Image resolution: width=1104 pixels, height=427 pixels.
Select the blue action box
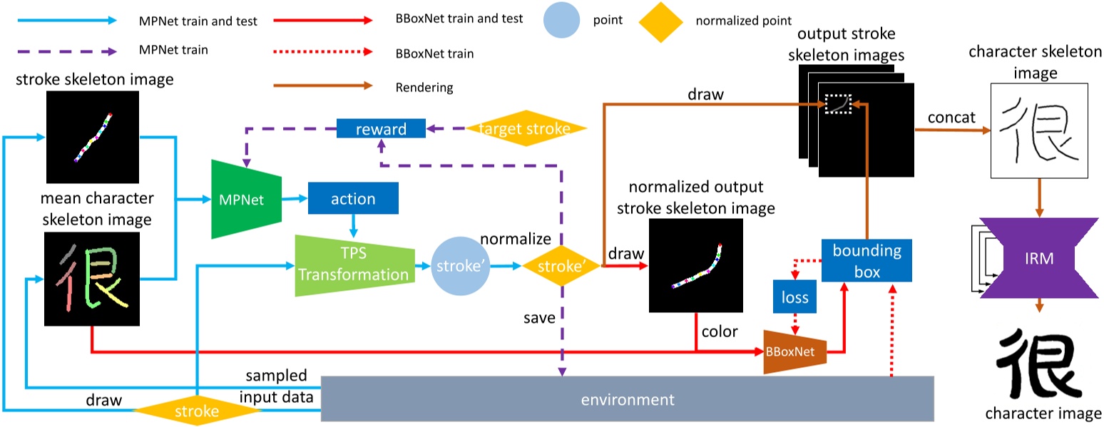pyautogui.click(x=353, y=199)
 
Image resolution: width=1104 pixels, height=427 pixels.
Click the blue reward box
pyautogui.click(x=381, y=129)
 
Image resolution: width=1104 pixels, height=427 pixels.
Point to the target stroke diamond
pyautogui.click(x=526, y=129)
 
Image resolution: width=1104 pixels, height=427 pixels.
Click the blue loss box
pyautogui.click(x=794, y=296)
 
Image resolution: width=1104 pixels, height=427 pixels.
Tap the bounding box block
pyautogui.click(x=867, y=261)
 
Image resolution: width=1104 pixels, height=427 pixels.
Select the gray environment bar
pyautogui.click(x=627, y=398)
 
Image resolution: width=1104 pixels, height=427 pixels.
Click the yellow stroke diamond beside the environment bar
pyautogui.click(x=197, y=411)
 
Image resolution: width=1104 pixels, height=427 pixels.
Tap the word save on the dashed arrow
pyautogui.click(x=538, y=318)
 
